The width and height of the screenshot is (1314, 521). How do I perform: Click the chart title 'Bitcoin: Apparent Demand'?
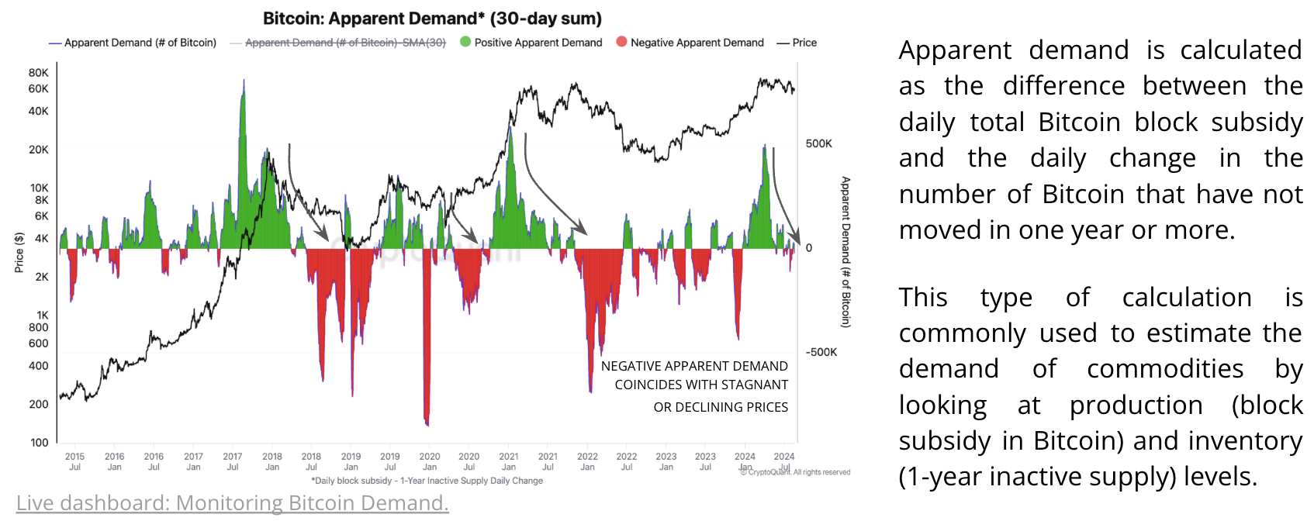point(432,19)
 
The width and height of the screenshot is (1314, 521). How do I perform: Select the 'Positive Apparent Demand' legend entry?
point(538,43)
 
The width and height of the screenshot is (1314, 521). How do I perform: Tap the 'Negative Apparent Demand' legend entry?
point(697,43)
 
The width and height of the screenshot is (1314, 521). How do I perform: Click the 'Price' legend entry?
point(804,43)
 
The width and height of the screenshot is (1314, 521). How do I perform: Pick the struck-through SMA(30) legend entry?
point(345,43)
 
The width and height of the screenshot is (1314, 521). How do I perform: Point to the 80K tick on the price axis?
point(39,73)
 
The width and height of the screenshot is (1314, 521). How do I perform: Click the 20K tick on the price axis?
point(39,150)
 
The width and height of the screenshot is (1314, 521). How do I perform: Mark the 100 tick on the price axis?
point(40,443)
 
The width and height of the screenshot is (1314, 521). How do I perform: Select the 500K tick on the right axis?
point(818,143)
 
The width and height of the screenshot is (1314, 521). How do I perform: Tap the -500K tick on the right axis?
point(821,352)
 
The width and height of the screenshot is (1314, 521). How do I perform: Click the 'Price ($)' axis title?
point(19,253)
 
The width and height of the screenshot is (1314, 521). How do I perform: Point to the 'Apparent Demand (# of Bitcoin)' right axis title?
point(845,252)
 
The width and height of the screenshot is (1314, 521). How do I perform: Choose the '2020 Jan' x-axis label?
point(430,461)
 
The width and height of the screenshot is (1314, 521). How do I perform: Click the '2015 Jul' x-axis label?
point(74,461)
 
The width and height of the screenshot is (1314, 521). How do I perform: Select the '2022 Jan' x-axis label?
point(587,461)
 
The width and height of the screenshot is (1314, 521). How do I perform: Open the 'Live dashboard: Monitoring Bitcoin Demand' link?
point(233,503)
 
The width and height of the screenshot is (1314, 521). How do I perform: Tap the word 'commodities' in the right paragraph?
point(1165,369)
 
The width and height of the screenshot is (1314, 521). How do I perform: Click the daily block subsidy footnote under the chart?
point(427,481)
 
